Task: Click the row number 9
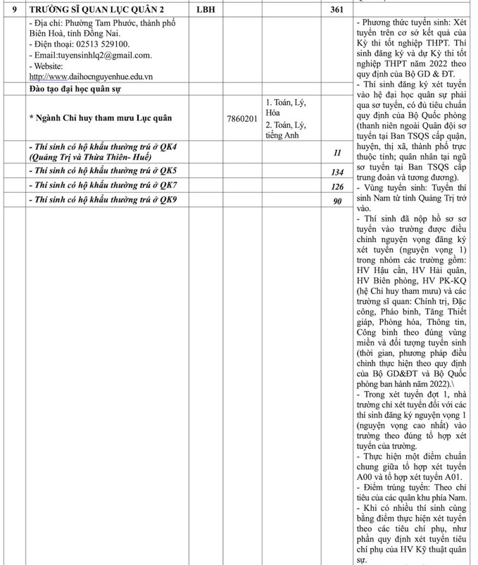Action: tap(12, 11)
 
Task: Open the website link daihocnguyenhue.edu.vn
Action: tap(92, 76)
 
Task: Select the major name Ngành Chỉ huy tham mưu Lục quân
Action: tap(100, 118)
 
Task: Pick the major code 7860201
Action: tap(242, 119)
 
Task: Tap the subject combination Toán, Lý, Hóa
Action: tap(286, 107)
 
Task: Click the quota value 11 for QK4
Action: tap(337, 153)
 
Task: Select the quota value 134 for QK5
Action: tap(337, 172)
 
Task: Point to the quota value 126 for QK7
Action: tap(337, 186)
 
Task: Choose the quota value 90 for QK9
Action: tap(337, 201)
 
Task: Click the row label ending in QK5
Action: tap(103, 171)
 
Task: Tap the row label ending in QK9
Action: tap(103, 201)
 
